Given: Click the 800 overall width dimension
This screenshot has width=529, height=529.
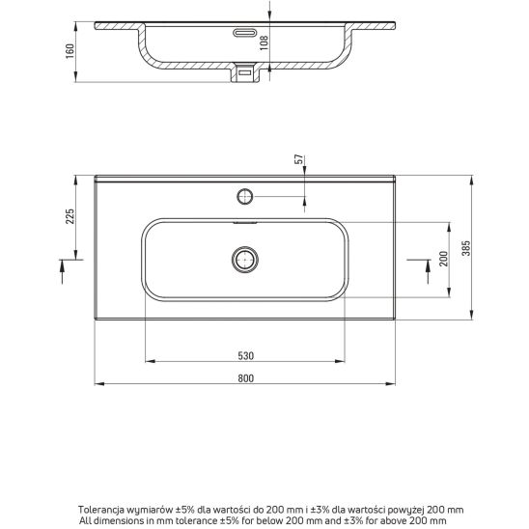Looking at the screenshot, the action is pyautogui.click(x=245, y=378).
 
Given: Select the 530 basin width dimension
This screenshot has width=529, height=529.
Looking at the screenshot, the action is pyautogui.click(x=245, y=355).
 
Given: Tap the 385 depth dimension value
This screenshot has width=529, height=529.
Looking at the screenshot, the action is pyautogui.click(x=466, y=248).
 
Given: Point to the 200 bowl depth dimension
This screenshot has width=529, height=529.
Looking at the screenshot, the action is pyautogui.click(x=444, y=259).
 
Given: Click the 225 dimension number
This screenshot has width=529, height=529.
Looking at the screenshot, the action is pyautogui.click(x=70, y=216).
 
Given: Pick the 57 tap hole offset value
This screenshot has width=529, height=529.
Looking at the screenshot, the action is pyautogui.click(x=299, y=159).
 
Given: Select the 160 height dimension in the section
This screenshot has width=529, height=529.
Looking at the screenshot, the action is pyautogui.click(x=70, y=51).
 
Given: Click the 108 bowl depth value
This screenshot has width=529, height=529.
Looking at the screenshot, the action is pyautogui.click(x=264, y=42).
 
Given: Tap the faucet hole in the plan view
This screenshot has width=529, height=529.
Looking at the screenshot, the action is pyautogui.click(x=245, y=196).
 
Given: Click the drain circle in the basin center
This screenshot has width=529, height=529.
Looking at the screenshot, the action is pyautogui.click(x=245, y=260).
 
